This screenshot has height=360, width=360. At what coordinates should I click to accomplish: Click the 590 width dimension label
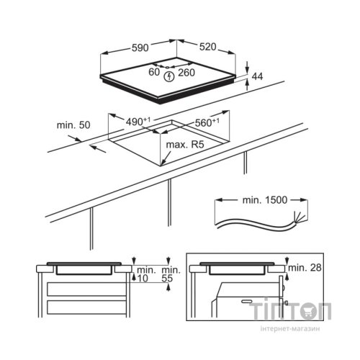(140, 48)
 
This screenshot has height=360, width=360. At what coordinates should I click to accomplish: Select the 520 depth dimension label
(208, 47)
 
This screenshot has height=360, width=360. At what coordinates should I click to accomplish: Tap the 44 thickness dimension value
(257, 76)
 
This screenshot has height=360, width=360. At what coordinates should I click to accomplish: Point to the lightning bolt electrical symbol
(170, 76)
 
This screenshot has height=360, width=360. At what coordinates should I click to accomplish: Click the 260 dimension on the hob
(186, 73)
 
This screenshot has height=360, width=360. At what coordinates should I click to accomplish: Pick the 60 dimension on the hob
(154, 72)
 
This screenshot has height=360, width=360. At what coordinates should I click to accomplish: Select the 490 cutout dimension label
(138, 122)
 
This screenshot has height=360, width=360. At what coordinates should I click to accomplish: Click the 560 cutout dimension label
(207, 122)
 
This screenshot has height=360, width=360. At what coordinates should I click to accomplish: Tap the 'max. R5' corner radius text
(185, 145)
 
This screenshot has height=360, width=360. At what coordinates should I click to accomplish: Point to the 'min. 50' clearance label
(73, 125)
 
